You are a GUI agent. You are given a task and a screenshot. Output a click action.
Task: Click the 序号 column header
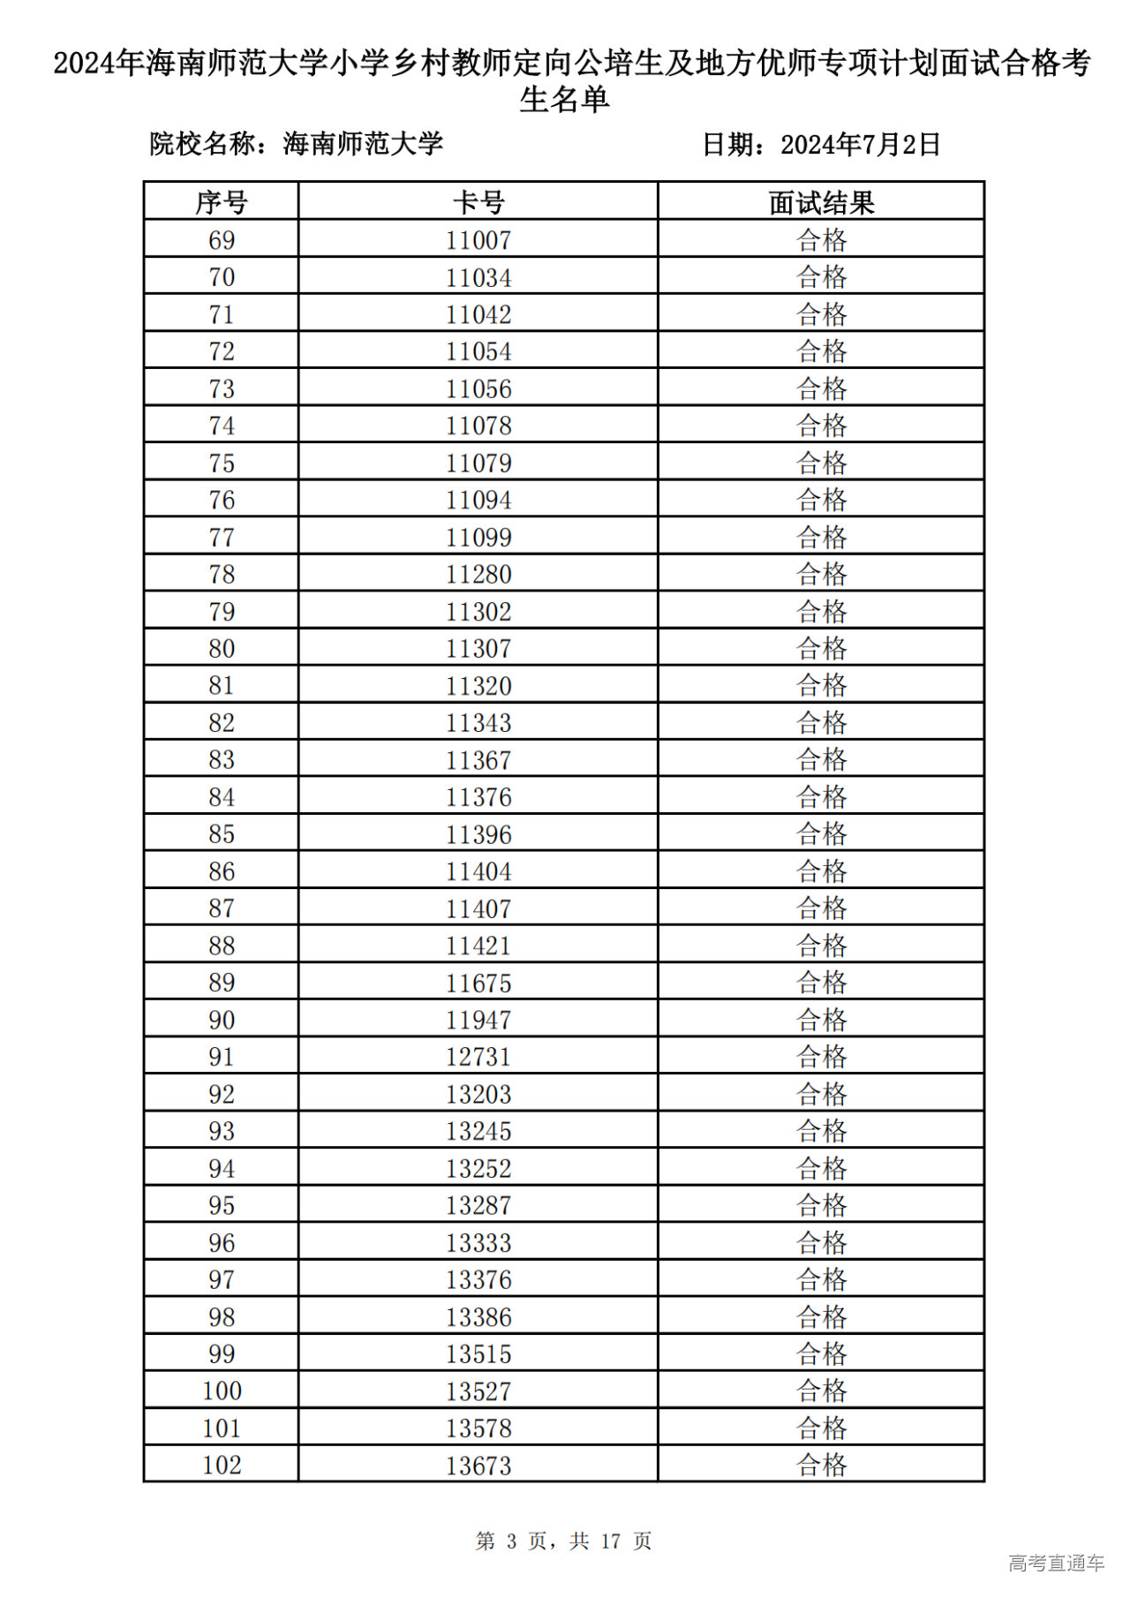click(221, 202)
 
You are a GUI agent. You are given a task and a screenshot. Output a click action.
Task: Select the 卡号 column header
click(478, 202)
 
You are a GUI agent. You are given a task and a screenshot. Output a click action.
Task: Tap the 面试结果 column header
click(821, 202)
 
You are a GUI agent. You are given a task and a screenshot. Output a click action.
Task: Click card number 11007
click(478, 240)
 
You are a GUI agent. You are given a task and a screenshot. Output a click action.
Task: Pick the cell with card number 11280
click(478, 575)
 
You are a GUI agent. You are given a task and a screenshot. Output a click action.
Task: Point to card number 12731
click(478, 1057)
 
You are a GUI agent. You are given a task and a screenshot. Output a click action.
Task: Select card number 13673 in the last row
click(478, 1466)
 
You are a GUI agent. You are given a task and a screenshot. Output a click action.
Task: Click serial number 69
click(221, 240)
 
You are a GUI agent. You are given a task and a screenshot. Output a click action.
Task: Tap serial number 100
click(221, 1391)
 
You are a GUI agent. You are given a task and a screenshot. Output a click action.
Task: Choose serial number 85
click(221, 834)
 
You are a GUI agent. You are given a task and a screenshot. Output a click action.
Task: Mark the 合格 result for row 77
click(821, 537)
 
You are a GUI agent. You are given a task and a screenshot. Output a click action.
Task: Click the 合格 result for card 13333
click(821, 1243)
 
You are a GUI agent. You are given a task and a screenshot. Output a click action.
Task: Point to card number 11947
click(478, 1020)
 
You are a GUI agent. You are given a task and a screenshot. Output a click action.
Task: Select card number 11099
click(478, 537)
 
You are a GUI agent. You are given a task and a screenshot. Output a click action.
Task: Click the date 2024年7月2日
click(860, 144)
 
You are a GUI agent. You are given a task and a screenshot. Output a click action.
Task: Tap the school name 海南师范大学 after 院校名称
click(363, 144)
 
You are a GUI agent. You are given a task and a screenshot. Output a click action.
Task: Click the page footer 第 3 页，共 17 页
click(563, 1541)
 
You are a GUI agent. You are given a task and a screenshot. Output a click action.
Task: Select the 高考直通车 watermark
click(1056, 1564)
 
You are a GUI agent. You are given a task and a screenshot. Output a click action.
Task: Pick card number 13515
click(478, 1354)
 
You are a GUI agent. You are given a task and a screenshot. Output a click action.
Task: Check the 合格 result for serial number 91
click(821, 1057)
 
